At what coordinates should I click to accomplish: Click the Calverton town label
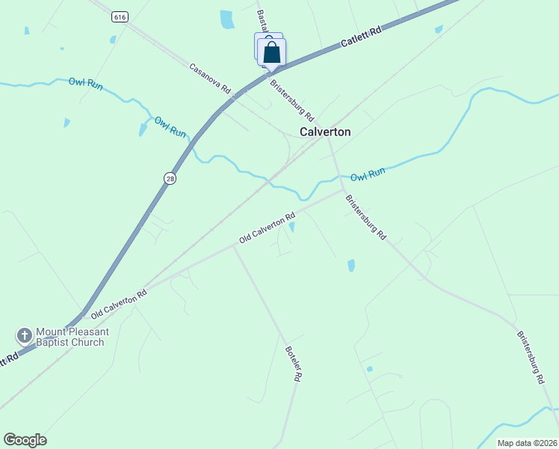tap(325, 132)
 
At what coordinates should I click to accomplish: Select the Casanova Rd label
tap(210, 79)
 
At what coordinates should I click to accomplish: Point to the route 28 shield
tap(170, 178)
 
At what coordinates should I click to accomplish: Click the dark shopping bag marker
tap(272, 52)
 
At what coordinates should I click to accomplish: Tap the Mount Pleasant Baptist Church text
tap(72, 337)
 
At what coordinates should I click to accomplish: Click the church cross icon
tap(24, 335)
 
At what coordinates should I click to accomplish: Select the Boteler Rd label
tap(294, 364)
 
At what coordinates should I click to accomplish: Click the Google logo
tap(25, 440)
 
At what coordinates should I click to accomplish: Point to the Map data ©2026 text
tap(528, 443)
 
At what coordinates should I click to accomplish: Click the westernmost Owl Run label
tap(85, 83)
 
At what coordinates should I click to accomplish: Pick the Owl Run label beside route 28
tap(170, 126)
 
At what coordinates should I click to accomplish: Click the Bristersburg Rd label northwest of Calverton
tap(291, 102)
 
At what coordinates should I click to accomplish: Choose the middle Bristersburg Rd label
tap(365, 217)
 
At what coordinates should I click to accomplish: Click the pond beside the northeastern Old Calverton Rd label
tap(291, 227)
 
